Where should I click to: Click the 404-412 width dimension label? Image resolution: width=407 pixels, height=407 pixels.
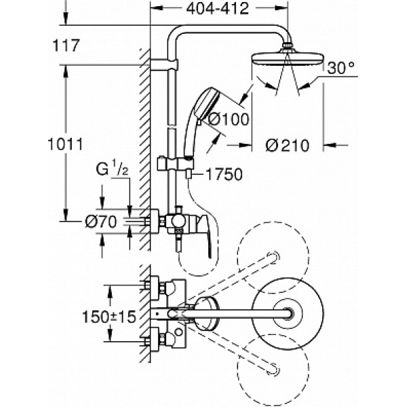[218, 9]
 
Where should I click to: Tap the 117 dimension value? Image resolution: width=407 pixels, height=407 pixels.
[66, 45]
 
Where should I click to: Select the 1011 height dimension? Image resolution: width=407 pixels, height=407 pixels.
[65, 144]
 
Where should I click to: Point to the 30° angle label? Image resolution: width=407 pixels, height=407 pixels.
[341, 69]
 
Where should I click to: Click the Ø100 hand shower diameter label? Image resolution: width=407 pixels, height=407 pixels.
[229, 119]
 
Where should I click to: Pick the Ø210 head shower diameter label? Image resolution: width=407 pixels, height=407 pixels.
[288, 145]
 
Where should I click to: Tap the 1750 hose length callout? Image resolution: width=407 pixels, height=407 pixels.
[225, 174]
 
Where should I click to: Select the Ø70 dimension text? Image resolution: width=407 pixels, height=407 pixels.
[101, 222]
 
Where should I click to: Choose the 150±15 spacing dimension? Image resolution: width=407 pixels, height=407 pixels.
[109, 317]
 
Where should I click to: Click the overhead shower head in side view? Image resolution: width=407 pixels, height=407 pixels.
[288, 60]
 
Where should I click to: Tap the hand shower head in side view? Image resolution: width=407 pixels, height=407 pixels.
[207, 103]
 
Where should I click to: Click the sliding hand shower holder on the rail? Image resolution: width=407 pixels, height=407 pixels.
[175, 164]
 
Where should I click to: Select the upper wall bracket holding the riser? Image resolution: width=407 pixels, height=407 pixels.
[164, 65]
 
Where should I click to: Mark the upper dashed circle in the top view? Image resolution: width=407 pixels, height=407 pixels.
[273, 258]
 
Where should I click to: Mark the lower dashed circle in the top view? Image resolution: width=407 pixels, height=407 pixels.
[273, 370]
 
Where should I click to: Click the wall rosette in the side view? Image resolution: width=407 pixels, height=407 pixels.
[155, 221]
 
